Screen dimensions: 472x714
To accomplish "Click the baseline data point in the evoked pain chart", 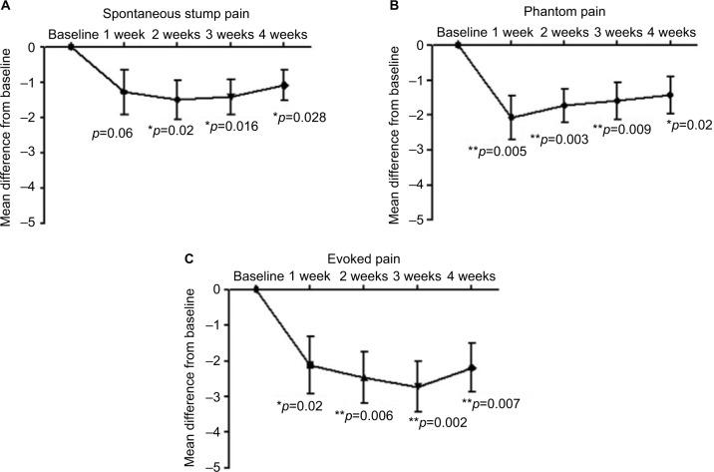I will tap(256, 289).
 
